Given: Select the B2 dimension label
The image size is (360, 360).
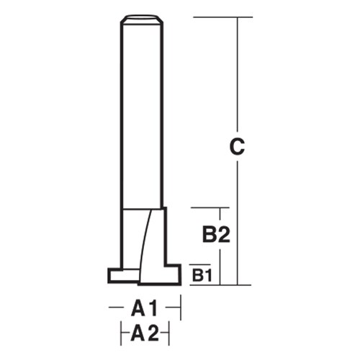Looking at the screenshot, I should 214,235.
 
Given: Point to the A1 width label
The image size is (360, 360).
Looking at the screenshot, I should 144,309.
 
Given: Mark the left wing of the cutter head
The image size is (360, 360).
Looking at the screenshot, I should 120,276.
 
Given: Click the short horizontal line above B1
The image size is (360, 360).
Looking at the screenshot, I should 200,264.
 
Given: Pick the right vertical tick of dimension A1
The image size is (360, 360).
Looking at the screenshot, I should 180,309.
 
